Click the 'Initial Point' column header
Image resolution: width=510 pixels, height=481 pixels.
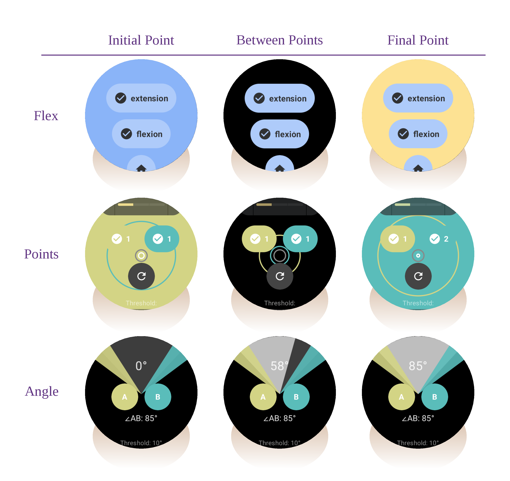[x=141, y=40]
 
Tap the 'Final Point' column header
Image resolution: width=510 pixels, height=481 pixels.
[x=418, y=40]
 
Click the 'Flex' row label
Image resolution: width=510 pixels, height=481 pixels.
[x=46, y=116]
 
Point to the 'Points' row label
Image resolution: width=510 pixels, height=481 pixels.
[x=41, y=254]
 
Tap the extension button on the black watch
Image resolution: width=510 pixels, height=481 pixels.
[x=280, y=98]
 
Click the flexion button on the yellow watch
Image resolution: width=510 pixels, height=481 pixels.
[x=418, y=134]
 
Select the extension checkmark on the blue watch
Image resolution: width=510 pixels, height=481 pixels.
[x=121, y=98]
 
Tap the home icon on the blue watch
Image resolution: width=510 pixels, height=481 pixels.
[x=141, y=168]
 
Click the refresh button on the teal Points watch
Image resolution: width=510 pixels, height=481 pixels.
[x=418, y=276]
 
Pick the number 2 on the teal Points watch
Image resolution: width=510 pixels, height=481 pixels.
[x=446, y=239]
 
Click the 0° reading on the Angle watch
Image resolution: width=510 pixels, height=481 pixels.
[x=141, y=366]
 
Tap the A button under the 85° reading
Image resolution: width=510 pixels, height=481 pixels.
[x=401, y=397]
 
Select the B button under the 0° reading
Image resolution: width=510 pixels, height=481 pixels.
[x=158, y=397]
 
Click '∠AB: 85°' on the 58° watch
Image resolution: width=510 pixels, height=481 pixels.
[x=280, y=418]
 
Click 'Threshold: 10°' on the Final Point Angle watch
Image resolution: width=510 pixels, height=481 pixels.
[x=418, y=443]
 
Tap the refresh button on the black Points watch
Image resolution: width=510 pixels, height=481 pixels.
[x=280, y=276]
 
